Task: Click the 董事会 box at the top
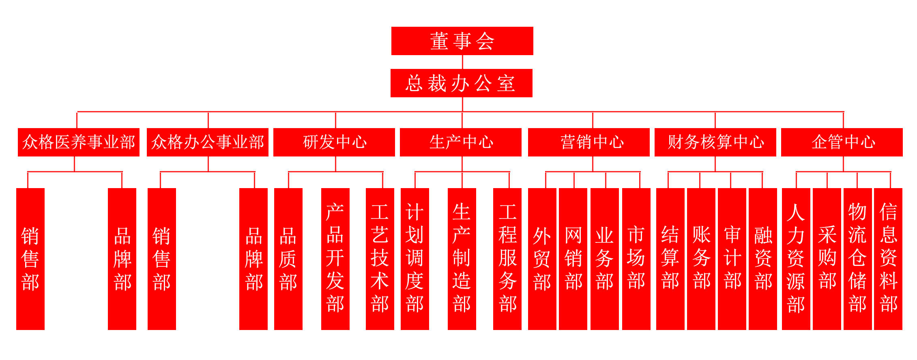(462, 41)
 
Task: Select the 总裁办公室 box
(461, 83)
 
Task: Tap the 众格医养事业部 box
(78, 142)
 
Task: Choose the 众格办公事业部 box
(207, 142)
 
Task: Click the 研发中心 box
(334, 142)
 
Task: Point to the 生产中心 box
(460, 142)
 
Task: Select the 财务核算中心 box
(715, 142)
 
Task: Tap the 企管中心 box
(842, 142)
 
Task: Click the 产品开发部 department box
(335, 258)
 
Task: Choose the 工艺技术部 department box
(380, 258)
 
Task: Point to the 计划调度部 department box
(414, 258)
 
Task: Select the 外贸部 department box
(542, 258)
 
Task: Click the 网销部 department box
(573, 258)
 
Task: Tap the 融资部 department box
(762, 258)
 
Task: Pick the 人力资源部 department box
(796, 258)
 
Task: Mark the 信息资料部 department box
(888, 258)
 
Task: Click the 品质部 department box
(288, 258)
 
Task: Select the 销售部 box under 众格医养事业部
(30, 258)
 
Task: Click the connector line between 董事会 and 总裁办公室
(462, 62)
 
